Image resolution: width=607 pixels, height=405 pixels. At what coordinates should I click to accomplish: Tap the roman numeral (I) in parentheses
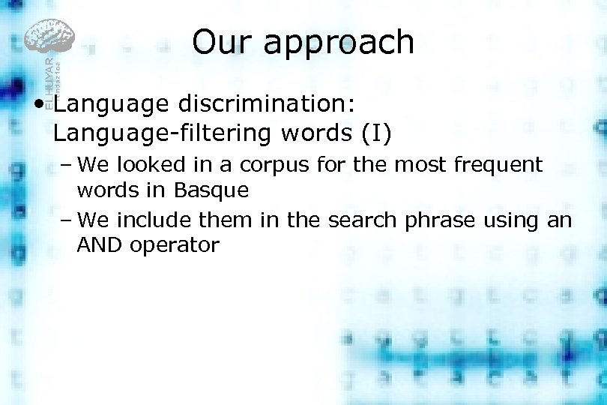[x=377, y=133]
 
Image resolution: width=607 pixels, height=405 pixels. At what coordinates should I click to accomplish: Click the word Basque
[x=211, y=190]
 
